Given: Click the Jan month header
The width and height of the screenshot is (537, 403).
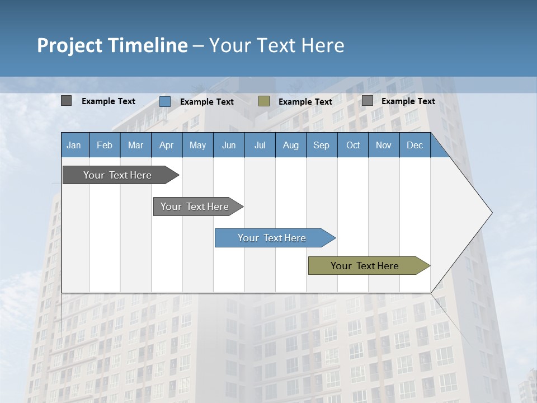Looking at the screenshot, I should click(74, 145).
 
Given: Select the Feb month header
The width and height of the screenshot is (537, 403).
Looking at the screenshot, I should click(105, 145).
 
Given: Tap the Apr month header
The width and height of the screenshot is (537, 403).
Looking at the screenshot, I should click(166, 145).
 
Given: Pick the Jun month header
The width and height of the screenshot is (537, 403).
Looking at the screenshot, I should click(229, 145).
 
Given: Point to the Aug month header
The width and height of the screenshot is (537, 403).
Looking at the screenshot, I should click(290, 145).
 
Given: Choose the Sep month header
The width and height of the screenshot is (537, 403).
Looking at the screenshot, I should click(321, 145).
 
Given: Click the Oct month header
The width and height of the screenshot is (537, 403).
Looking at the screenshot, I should click(353, 145).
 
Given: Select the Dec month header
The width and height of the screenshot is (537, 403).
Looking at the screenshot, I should click(414, 145).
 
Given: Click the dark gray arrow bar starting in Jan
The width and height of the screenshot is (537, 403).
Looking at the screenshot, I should click(117, 175).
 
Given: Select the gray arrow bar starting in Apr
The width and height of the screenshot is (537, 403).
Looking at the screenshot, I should click(195, 207).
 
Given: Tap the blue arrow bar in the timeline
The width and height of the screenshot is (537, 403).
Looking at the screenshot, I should click(272, 238).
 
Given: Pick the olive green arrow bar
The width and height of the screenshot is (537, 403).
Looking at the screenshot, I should click(365, 266).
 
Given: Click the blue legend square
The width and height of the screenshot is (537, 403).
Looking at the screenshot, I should click(165, 101).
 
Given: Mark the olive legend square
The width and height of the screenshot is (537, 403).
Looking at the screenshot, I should click(264, 101).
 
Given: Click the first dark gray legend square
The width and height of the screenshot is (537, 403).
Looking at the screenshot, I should click(67, 101).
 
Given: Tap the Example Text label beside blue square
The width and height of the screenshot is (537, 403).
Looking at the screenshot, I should click(207, 102).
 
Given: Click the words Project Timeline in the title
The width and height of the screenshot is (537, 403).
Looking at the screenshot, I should click(112, 45).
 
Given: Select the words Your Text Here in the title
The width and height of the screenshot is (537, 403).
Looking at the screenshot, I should click(276, 45).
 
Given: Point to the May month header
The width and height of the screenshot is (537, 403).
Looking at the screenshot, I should click(197, 145).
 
